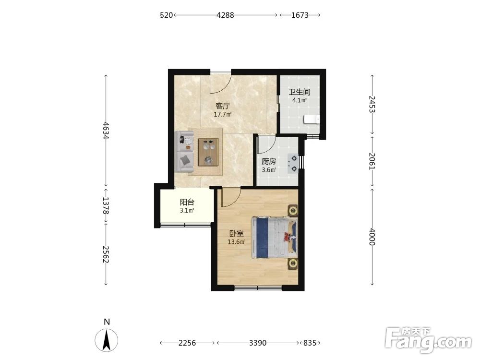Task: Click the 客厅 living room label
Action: click(223, 106)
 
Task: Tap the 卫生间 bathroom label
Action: click(300, 92)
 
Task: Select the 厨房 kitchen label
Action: click(269, 161)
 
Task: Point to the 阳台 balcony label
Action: click(187, 202)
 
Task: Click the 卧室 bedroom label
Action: click(237, 233)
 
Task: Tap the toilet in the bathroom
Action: click(312, 119)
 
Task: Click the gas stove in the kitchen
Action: click(293, 164)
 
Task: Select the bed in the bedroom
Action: click(274, 237)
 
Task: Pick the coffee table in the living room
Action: click(208, 152)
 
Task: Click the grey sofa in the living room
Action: click(184, 152)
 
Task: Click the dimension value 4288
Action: click(225, 15)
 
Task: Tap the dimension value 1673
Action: click(300, 15)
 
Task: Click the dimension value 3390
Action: click(257, 343)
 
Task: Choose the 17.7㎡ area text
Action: click(223, 115)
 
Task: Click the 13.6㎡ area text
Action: click(237, 242)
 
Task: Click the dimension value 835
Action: click(310, 343)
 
